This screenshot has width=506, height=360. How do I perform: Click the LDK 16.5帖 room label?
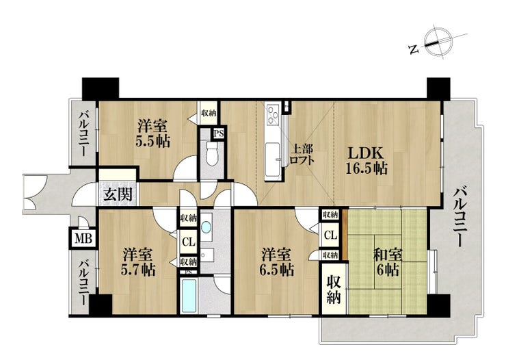pos(367,160)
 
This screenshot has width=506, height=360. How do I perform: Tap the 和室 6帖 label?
pos(388,262)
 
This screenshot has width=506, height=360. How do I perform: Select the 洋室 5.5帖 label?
pos(152,133)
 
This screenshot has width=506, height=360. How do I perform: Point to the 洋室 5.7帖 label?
pos(138,262)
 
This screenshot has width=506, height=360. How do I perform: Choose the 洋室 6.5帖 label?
pos(276,262)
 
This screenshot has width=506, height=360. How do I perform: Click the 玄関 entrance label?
pos(118,194)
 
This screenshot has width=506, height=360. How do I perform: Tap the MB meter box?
pos(83,239)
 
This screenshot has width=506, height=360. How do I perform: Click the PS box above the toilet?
pos(219,133)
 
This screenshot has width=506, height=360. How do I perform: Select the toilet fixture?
pos(212,154)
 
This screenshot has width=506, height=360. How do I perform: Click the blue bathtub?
pos(189,296)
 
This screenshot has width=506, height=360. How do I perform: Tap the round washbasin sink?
pos(206,227)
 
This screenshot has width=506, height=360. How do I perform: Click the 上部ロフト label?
pos(302,155)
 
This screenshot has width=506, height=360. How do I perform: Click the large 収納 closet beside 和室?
pos(334,290)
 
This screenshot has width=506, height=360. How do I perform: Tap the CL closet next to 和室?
pos(330,235)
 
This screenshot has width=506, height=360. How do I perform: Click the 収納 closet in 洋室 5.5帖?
pos(209,114)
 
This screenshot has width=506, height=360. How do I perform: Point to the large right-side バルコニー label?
pos(458,218)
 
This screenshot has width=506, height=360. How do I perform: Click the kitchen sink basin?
pos(273,159)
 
